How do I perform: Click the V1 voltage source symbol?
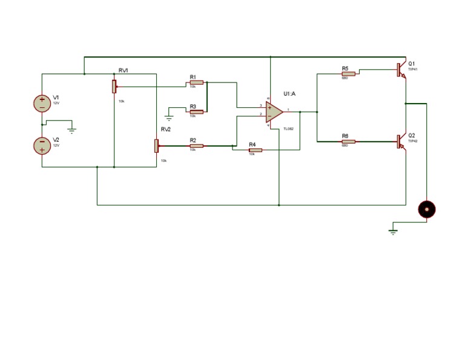(42, 103)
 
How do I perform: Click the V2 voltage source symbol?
(42, 145)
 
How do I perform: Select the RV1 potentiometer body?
(114, 86)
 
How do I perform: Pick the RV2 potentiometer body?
(156, 146)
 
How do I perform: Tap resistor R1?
(196, 82)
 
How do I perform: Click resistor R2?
(196, 145)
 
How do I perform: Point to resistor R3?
(196, 112)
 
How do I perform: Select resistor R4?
(255, 150)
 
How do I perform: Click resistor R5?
(348, 73)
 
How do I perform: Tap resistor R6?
(348, 141)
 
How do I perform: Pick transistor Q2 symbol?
(401, 141)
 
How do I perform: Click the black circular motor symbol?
(427, 210)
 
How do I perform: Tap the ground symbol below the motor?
(394, 231)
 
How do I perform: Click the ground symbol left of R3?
(169, 117)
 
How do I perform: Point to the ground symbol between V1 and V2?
(71, 130)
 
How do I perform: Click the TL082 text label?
(288, 129)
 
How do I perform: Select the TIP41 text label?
(413, 70)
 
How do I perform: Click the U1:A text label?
(289, 94)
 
